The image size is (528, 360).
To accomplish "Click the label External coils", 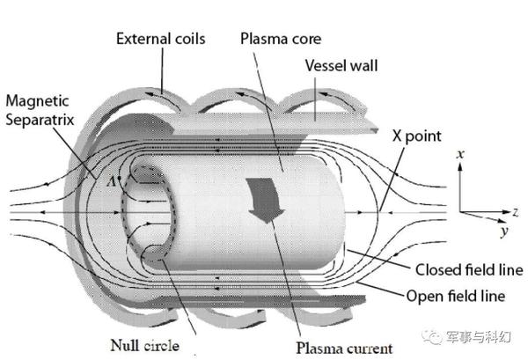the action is point(161,39).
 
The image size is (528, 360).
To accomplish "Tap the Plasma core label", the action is point(281,39).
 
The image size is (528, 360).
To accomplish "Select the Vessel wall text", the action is point(341,65).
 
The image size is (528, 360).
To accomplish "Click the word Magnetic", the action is point(37,101).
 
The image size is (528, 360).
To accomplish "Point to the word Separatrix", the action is point(40,120).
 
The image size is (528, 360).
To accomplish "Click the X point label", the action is point(416,136).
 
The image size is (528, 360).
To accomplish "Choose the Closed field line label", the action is point(469,269).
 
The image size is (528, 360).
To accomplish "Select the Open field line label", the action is point(456,296).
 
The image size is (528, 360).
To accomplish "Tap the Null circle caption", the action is point(145,346).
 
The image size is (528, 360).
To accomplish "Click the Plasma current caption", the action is point(344,349).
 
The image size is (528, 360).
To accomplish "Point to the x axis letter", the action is point(460,155).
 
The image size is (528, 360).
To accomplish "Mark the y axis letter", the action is point(504,231).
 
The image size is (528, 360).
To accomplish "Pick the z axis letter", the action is point(516,212).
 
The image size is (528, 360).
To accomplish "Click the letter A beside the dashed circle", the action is point(111,182).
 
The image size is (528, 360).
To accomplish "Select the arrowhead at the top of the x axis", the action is point(460,166).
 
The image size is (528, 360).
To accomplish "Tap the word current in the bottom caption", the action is point(366,349).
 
